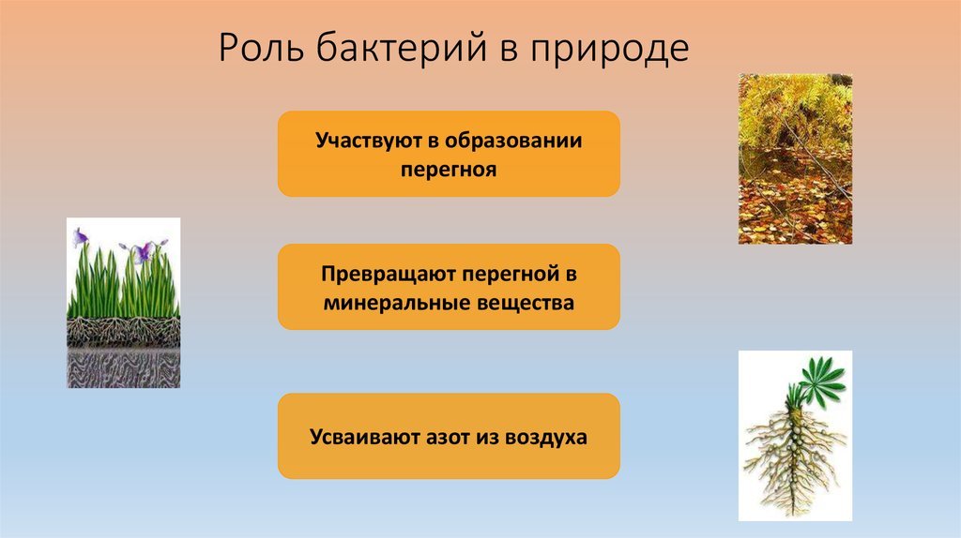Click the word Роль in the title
coord(261,48)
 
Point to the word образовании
coord(513,141)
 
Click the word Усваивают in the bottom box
coord(364,437)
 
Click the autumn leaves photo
coord(795,159)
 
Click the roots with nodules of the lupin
coord(794,459)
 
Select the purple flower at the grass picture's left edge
coord(81,237)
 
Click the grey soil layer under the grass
coord(123,369)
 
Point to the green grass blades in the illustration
coord(123,285)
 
